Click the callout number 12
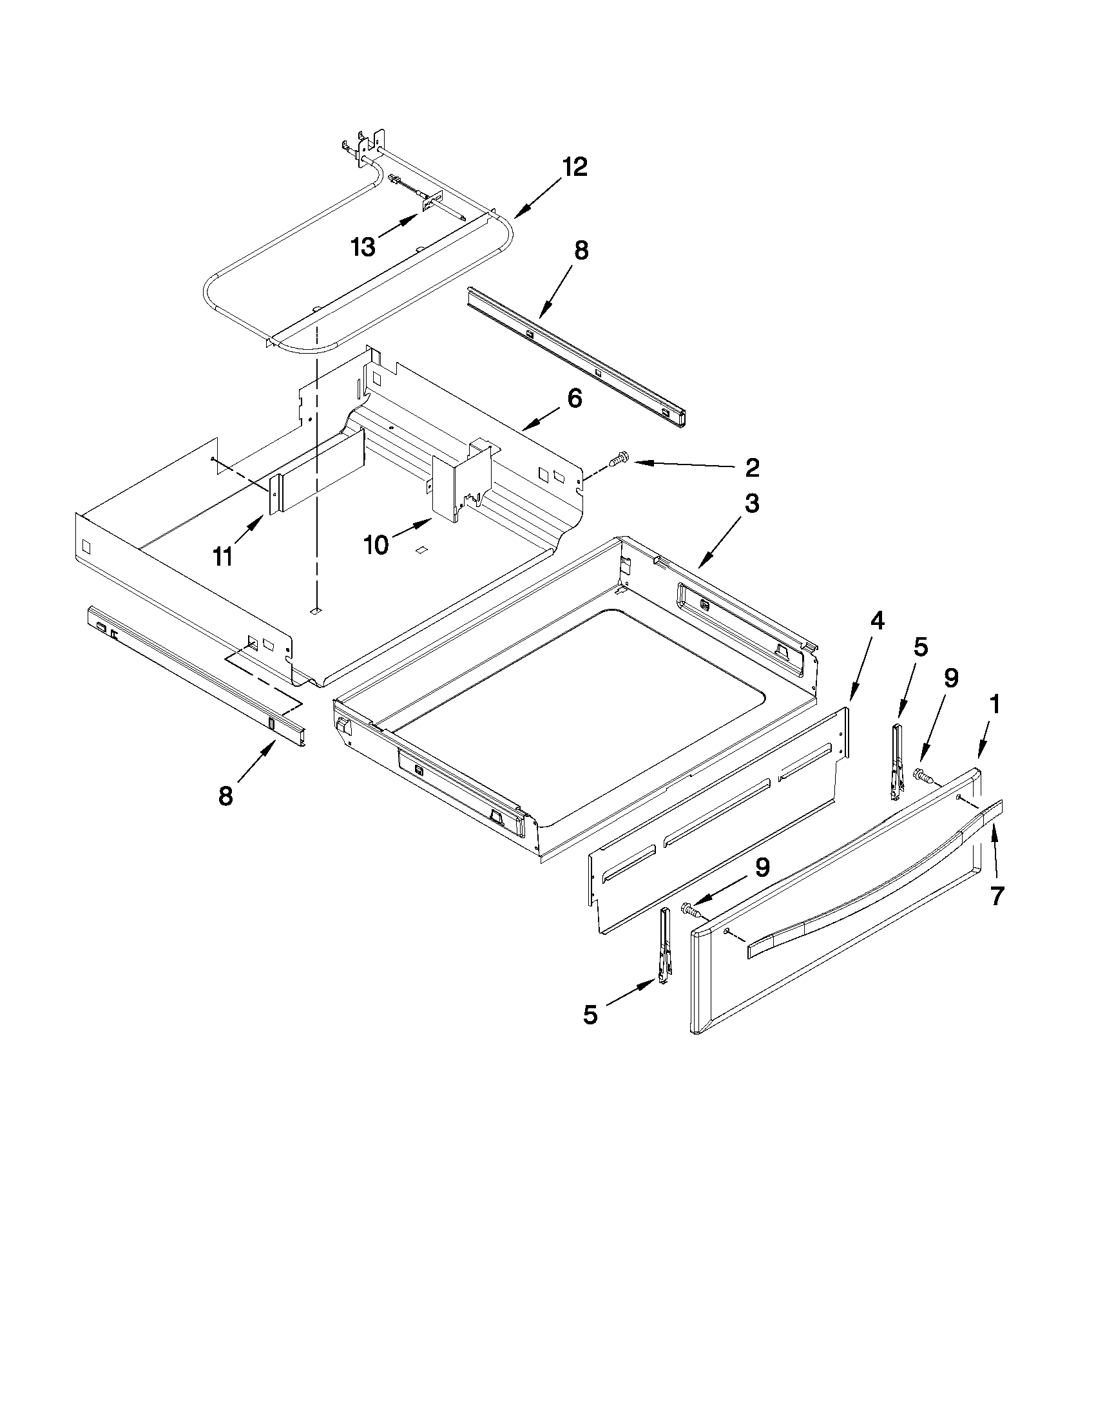[x=575, y=168]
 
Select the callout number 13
[x=363, y=247]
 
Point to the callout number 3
[x=752, y=504]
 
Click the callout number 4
[x=876, y=621]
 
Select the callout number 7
[x=997, y=897]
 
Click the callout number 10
[x=375, y=546]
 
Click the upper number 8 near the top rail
[x=581, y=250]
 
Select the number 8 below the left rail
[x=226, y=796]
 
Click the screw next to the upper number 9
[x=923, y=774]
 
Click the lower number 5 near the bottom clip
[x=590, y=1015]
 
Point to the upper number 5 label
[x=921, y=647]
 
